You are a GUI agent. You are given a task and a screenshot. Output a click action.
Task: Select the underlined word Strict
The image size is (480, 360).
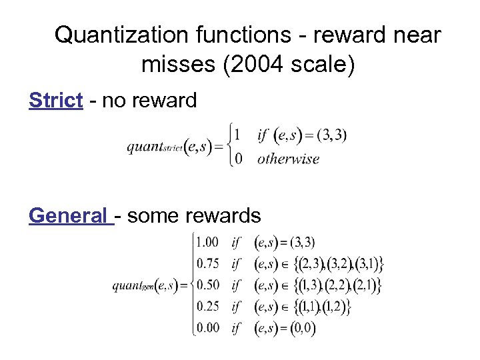pyautogui.click(x=56, y=100)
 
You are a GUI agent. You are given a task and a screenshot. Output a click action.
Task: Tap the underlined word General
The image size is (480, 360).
pyautogui.click(x=69, y=215)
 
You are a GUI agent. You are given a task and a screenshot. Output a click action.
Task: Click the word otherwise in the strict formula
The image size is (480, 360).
pyautogui.click(x=288, y=159)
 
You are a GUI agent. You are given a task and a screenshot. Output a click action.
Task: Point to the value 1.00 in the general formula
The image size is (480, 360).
pyautogui.click(x=207, y=242)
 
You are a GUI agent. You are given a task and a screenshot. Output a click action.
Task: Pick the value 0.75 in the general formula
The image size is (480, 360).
pyautogui.click(x=207, y=263)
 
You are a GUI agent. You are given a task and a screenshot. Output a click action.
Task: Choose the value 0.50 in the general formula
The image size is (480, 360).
pyautogui.click(x=207, y=285)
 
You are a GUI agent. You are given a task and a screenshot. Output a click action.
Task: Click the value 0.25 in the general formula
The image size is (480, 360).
pyautogui.click(x=207, y=306)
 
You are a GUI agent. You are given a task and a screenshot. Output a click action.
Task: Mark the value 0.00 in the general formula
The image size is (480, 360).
pyautogui.click(x=207, y=327)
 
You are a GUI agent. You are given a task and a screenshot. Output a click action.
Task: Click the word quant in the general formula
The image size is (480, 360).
pyautogui.click(x=127, y=285)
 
